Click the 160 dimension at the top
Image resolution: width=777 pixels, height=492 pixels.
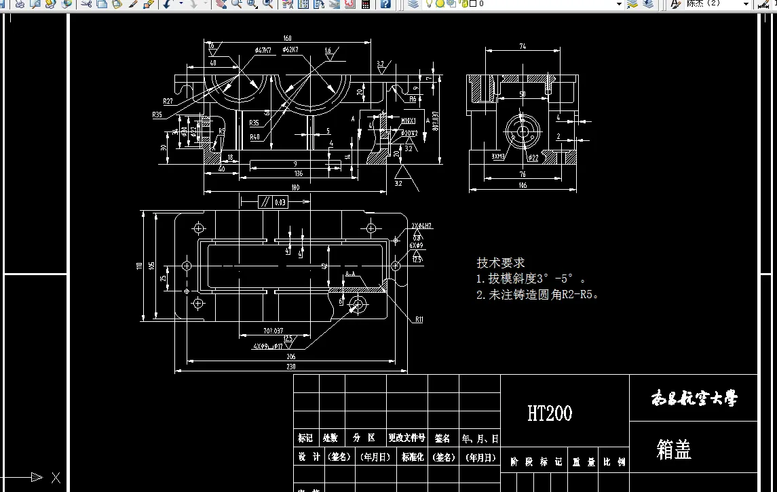click(x=288, y=39)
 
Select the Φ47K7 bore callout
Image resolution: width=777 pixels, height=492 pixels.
click(x=263, y=50)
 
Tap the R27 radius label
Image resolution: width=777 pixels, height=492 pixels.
click(x=167, y=101)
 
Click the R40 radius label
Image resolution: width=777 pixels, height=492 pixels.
click(x=254, y=137)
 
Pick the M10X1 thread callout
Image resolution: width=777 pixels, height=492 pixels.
click(x=409, y=121)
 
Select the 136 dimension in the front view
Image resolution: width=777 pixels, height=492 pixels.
click(x=298, y=174)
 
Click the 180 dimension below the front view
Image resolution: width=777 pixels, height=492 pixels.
click(x=295, y=187)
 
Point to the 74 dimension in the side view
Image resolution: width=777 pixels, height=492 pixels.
click(x=523, y=47)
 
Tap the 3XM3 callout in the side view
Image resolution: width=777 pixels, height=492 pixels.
click(x=498, y=157)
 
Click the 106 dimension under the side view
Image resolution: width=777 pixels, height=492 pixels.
click(x=523, y=185)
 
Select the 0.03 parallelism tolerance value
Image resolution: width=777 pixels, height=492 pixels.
click(x=279, y=202)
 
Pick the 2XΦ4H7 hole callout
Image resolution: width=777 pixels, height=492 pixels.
click(x=421, y=226)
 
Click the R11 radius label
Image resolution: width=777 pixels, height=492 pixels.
click(x=419, y=319)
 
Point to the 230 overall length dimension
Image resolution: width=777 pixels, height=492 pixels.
click(x=291, y=367)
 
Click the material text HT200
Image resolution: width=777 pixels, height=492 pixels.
click(x=550, y=413)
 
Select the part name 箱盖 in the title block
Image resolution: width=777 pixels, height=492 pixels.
click(x=674, y=449)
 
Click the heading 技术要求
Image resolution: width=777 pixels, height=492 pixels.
click(x=501, y=263)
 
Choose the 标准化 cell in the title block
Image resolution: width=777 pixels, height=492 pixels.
click(x=413, y=457)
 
